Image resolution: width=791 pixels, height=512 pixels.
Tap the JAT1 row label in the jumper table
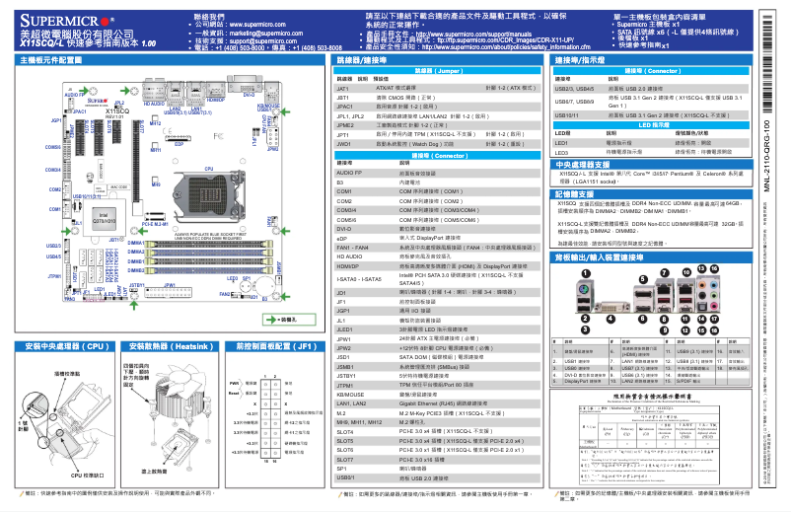tap(343, 88)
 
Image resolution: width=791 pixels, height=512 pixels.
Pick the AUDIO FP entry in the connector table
tap(352, 173)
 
